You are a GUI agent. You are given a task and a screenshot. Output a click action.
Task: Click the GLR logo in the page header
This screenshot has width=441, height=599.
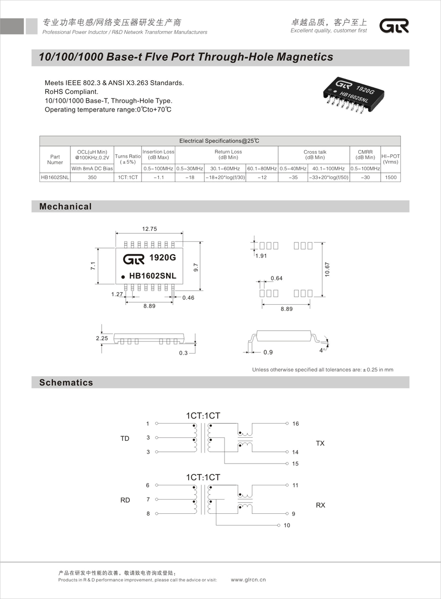point(394,26)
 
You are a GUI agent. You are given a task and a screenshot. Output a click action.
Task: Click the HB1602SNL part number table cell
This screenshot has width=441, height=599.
point(55,178)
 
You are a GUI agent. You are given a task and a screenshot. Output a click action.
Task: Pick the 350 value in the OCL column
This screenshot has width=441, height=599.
point(92,178)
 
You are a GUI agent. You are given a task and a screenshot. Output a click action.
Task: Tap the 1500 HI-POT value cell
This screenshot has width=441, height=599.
point(390,178)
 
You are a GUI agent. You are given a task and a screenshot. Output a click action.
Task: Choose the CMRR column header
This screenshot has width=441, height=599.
point(365,154)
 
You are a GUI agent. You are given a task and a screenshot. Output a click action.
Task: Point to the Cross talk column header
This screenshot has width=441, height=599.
point(314,154)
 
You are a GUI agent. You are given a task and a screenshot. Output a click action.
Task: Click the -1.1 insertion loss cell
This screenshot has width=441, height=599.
point(158,178)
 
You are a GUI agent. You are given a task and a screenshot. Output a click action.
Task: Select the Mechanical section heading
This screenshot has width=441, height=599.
point(65,206)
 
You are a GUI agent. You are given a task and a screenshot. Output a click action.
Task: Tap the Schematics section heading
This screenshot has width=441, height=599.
point(66,382)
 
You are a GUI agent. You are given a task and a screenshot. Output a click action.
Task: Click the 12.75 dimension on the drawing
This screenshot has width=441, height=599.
point(149,229)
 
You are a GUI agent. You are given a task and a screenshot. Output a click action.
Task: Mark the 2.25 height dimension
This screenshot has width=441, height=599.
point(102,338)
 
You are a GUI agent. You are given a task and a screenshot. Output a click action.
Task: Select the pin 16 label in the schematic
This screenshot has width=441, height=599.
point(296,424)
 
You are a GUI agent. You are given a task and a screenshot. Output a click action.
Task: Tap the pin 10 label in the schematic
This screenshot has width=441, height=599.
point(287,525)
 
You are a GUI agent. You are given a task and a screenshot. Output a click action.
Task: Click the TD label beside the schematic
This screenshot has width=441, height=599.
point(125,438)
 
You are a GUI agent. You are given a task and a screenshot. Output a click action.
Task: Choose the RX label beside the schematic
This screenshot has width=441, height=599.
point(320,505)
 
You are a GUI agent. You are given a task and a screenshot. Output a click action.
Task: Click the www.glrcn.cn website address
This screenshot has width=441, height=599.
point(248,580)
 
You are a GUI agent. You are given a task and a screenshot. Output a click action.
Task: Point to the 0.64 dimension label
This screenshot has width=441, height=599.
point(276,278)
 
